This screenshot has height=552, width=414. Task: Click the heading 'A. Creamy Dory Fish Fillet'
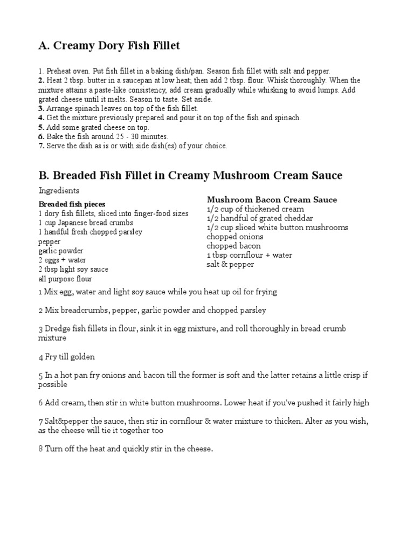point(109,46)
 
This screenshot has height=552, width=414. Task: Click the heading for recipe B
point(190,176)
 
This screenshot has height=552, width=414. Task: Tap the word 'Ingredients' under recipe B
point(59,190)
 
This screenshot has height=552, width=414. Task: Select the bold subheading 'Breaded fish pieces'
point(72,204)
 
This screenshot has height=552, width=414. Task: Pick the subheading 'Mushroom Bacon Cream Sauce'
point(272,199)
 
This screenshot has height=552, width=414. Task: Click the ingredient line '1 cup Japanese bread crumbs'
point(86,223)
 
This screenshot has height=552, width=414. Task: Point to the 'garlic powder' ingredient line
point(60,251)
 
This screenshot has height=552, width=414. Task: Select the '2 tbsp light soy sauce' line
point(73,269)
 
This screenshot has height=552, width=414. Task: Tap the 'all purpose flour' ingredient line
point(65,279)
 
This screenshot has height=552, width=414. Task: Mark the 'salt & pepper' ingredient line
point(230,264)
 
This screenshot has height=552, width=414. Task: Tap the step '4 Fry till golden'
point(66,357)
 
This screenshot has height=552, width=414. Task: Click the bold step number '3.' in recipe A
point(41,108)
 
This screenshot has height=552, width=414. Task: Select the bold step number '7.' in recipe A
point(41,146)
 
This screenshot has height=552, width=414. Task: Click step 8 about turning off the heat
point(126,448)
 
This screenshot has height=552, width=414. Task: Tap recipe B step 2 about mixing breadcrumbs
point(152,310)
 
